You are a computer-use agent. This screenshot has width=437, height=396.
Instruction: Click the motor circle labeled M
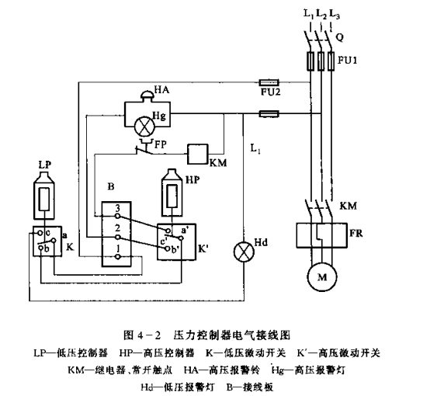(x=322, y=276)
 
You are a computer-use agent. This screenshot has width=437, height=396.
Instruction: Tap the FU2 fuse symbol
(x=269, y=82)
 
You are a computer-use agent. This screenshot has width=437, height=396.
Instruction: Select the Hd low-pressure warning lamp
(x=244, y=252)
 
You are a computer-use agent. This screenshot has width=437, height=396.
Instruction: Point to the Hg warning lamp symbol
(x=144, y=126)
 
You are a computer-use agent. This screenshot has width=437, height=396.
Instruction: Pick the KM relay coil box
(x=198, y=154)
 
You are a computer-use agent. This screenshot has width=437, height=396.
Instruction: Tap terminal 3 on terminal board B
(x=118, y=216)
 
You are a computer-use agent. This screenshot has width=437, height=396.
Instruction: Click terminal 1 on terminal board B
(x=118, y=257)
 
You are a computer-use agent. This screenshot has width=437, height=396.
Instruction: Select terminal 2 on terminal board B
(x=118, y=237)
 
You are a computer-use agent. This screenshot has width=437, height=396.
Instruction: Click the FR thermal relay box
(x=322, y=235)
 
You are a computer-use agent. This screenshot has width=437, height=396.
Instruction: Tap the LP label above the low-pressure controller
(x=44, y=165)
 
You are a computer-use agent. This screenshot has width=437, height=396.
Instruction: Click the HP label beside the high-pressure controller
(x=192, y=180)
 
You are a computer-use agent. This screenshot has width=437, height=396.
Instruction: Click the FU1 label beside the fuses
(x=347, y=60)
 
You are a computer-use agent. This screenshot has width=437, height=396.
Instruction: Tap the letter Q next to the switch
(x=340, y=37)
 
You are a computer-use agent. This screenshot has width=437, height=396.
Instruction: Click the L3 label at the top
(x=335, y=14)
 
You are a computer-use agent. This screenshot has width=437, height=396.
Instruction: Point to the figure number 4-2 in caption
(x=149, y=335)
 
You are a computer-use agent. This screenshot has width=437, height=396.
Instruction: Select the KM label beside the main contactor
(x=349, y=206)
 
